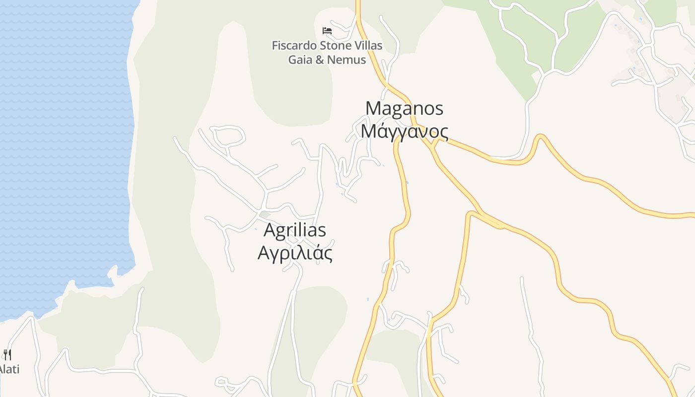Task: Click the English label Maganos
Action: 404,109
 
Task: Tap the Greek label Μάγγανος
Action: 404,132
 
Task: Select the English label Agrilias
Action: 295,230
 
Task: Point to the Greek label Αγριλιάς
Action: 295,253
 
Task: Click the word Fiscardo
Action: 293,46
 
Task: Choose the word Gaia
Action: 300,60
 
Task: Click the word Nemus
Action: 347,60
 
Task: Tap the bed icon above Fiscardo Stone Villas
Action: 327,31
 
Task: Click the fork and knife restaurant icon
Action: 7,354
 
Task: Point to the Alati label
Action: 9,369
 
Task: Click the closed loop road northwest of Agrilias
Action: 228,136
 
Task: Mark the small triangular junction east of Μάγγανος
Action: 434,143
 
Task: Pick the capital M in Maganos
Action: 373,109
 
